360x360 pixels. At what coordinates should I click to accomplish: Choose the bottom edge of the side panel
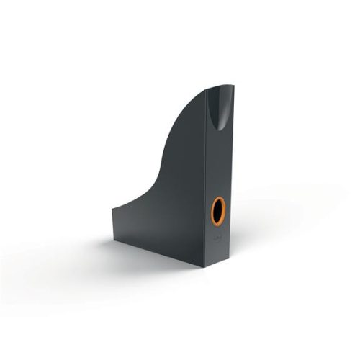(x=158, y=248)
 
